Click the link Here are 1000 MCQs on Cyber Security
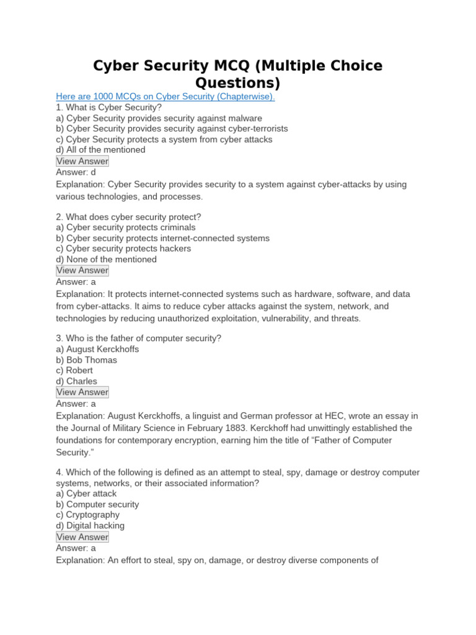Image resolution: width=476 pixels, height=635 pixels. click(165, 97)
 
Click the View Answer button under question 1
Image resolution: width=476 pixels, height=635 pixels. click(82, 161)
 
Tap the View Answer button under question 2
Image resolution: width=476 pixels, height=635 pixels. click(82, 270)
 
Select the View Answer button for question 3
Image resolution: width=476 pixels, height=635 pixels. click(82, 392)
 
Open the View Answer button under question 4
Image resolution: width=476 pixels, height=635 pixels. click(82, 537)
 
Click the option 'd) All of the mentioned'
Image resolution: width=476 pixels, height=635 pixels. click(100, 150)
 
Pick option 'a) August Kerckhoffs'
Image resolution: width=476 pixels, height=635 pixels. click(97, 349)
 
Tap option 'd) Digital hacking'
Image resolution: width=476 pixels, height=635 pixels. click(90, 526)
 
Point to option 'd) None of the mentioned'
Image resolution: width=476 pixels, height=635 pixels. click(106, 259)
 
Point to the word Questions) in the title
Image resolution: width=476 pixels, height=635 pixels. click(238, 83)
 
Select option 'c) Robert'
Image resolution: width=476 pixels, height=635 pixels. click(74, 370)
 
